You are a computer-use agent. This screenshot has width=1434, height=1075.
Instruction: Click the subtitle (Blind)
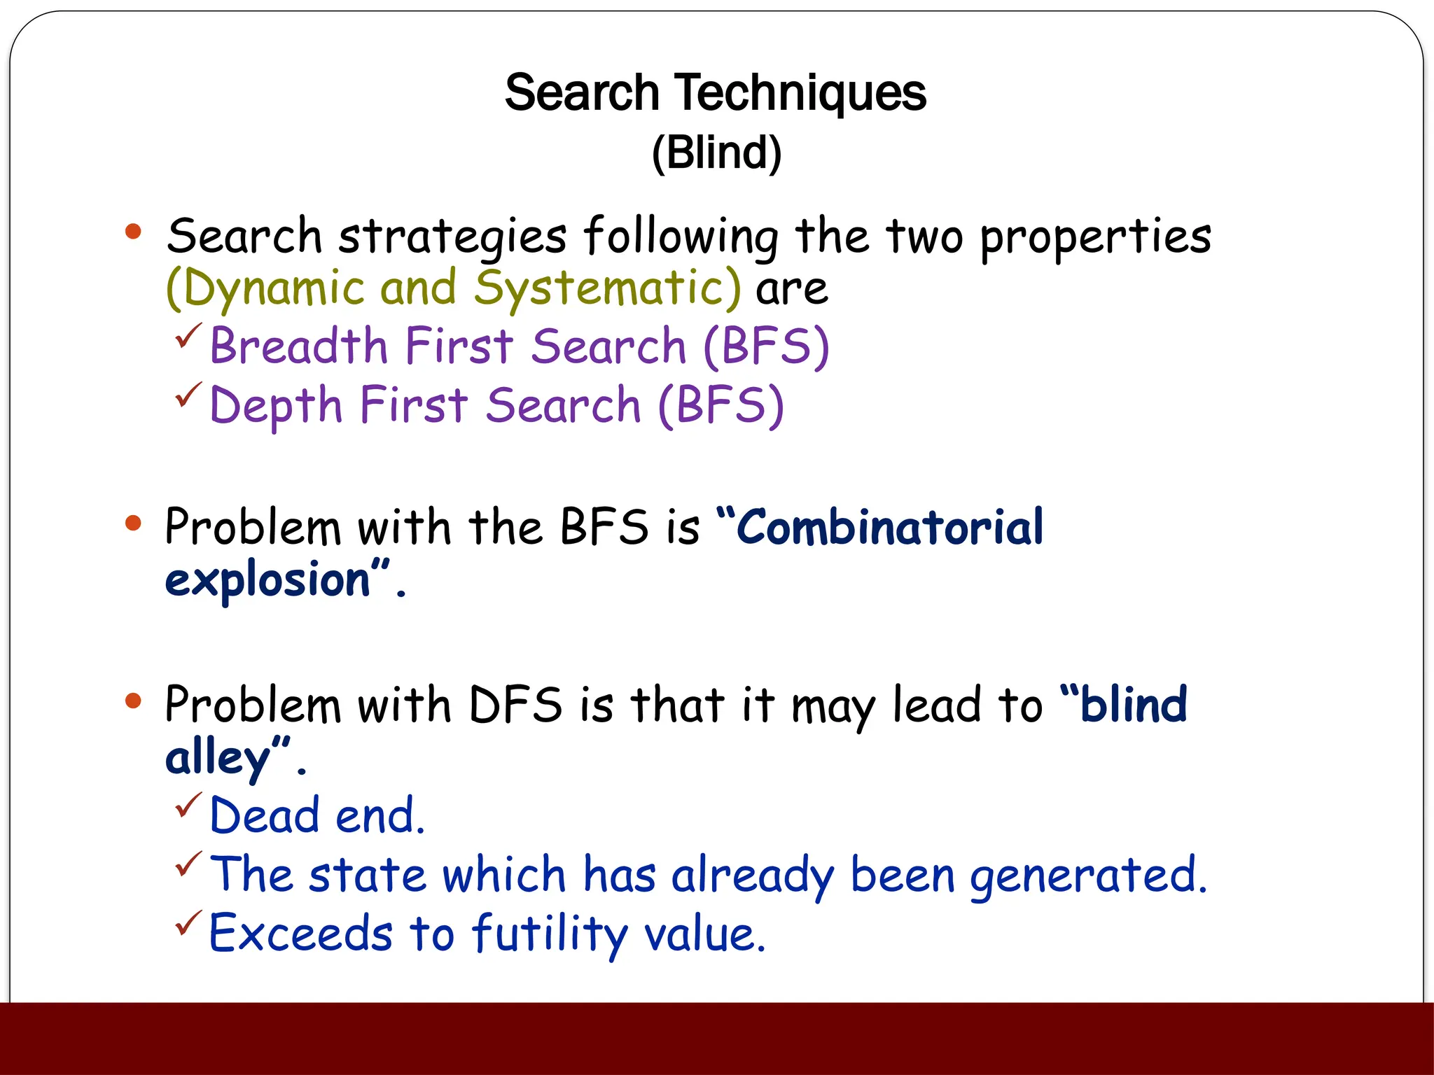716,153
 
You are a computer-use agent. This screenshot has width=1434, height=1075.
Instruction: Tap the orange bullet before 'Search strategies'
133,232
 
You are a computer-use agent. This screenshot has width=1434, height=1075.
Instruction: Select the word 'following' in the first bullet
681,237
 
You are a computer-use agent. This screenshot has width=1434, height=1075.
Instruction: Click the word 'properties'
1095,237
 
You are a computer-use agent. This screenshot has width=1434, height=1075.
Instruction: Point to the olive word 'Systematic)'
606,288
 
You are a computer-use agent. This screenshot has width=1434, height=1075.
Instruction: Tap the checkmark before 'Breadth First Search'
188,335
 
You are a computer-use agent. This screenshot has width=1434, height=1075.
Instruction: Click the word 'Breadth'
299,346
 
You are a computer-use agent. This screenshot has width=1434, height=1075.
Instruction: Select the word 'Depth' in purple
276,406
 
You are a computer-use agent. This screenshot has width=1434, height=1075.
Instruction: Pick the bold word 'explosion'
267,580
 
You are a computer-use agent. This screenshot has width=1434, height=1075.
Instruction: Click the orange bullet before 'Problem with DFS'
133,701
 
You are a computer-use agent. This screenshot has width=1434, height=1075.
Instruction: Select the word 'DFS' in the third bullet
515,705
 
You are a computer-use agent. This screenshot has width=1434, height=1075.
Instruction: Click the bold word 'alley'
217,758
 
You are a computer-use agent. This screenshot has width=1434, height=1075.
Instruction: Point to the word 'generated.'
1089,876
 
